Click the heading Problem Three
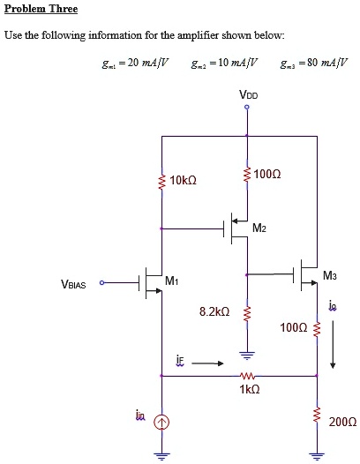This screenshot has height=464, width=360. [x=41, y=9]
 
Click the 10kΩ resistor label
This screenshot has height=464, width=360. [x=183, y=180]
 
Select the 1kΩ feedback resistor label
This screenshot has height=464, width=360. [x=248, y=389]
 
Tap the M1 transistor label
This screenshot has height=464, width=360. [x=171, y=281]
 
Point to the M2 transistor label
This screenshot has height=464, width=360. [x=259, y=229]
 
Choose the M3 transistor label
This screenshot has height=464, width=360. [x=329, y=276]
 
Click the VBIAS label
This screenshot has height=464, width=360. [x=74, y=284]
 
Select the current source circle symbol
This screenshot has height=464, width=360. [x=161, y=423]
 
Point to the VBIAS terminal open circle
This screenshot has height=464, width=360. [x=101, y=283]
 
